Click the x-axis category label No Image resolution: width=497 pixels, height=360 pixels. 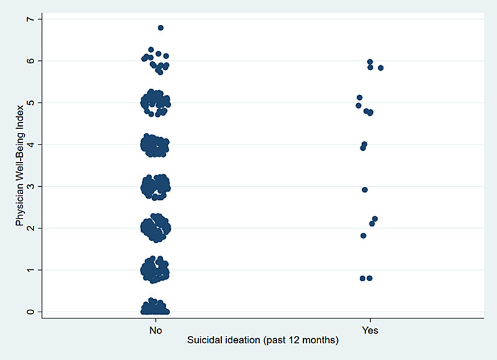pos(155,330)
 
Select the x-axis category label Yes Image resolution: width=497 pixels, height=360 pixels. pos(370,330)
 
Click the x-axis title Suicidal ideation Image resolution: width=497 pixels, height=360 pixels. pos(263,341)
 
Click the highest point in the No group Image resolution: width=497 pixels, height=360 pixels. pos(160,28)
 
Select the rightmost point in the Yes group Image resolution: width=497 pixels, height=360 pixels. pos(381,68)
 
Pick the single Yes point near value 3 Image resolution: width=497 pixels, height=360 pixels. pos(365,189)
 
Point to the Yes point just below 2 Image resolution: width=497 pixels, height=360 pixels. pos(363,235)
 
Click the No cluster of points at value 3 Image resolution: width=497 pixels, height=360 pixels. pos(155,186)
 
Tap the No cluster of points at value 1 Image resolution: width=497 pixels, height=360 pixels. pos(155,270)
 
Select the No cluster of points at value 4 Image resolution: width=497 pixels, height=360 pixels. pos(155,145)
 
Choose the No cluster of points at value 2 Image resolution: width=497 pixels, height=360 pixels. pos(155,228)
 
